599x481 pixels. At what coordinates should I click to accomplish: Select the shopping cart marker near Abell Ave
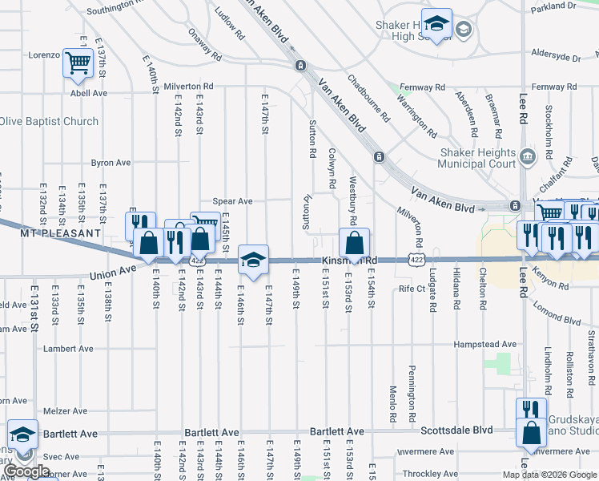point(78,63)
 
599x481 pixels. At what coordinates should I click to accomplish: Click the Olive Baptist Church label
point(48,122)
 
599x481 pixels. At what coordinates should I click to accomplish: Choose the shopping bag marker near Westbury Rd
point(354,242)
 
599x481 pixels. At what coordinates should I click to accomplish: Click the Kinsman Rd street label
point(349,261)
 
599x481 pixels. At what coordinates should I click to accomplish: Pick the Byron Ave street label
point(111,163)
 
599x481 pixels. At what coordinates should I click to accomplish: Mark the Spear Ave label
point(232,201)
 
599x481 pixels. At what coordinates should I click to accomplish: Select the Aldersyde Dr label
point(556,58)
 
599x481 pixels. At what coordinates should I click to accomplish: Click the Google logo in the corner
point(27,471)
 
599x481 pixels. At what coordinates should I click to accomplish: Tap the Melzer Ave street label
point(65,410)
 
